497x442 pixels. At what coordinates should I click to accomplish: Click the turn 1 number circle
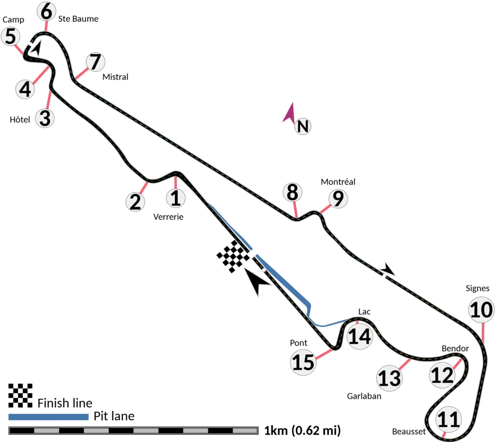click(x=176, y=198)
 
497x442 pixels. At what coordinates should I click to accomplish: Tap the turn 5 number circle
click(x=11, y=37)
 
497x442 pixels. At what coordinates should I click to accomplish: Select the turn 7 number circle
click(x=95, y=62)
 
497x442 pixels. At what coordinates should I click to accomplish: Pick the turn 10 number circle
click(x=481, y=310)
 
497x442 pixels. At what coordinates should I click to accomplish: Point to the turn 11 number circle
click(x=448, y=419)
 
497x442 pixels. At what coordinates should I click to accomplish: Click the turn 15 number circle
click(x=303, y=362)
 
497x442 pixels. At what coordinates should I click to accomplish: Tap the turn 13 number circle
click(x=390, y=378)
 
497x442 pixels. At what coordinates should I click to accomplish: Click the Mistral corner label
click(x=116, y=77)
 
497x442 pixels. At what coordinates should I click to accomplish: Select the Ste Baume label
click(x=78, y=19)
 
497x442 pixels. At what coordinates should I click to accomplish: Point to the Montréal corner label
click(x=338, y=182)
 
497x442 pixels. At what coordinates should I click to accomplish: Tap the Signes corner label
click(x=478, y=289)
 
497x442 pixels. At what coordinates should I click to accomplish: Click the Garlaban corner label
click(x=364, y=396)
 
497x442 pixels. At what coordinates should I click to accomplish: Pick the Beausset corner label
click(x=409, y=432)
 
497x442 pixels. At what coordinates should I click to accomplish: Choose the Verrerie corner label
click(x=168, y=217)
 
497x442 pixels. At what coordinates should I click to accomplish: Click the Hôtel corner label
click(x=20, y=120)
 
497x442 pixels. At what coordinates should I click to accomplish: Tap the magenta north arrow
click(x=289, y=113)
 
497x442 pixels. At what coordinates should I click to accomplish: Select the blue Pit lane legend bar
click(x=49, y=416)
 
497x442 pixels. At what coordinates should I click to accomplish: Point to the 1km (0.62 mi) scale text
click(x=301, y=430)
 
